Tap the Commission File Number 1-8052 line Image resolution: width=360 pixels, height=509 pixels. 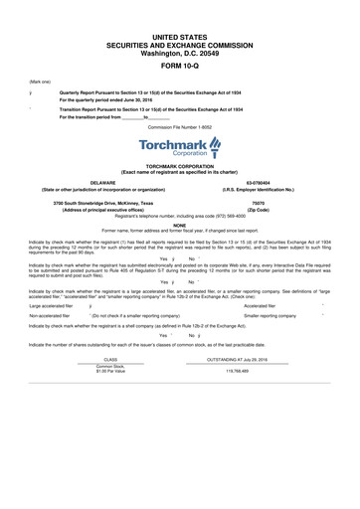click(x=179, y=127)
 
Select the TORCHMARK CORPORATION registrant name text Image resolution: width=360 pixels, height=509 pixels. click(x=179, y=165)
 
